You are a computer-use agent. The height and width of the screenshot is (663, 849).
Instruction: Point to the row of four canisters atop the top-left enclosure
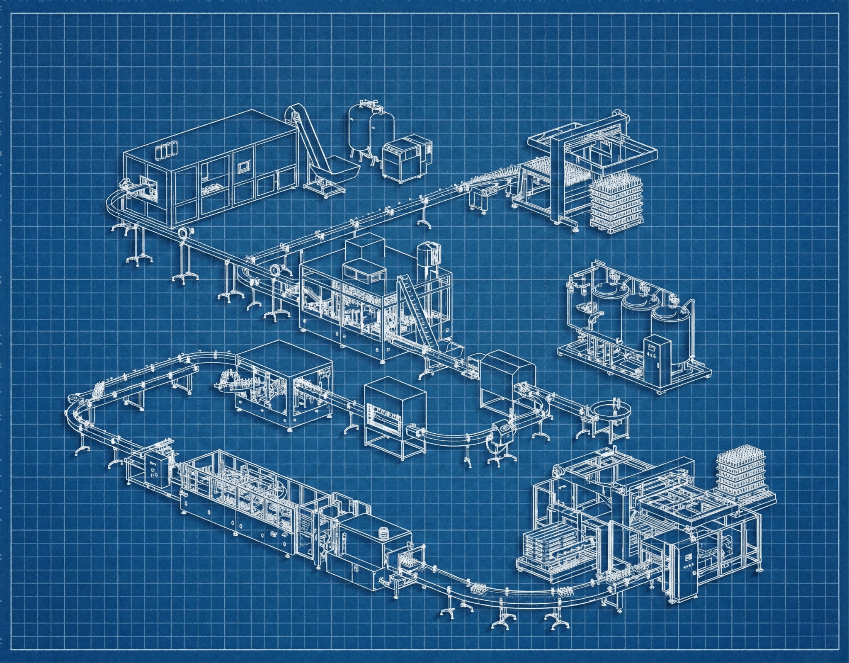[x=164, y=151]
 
